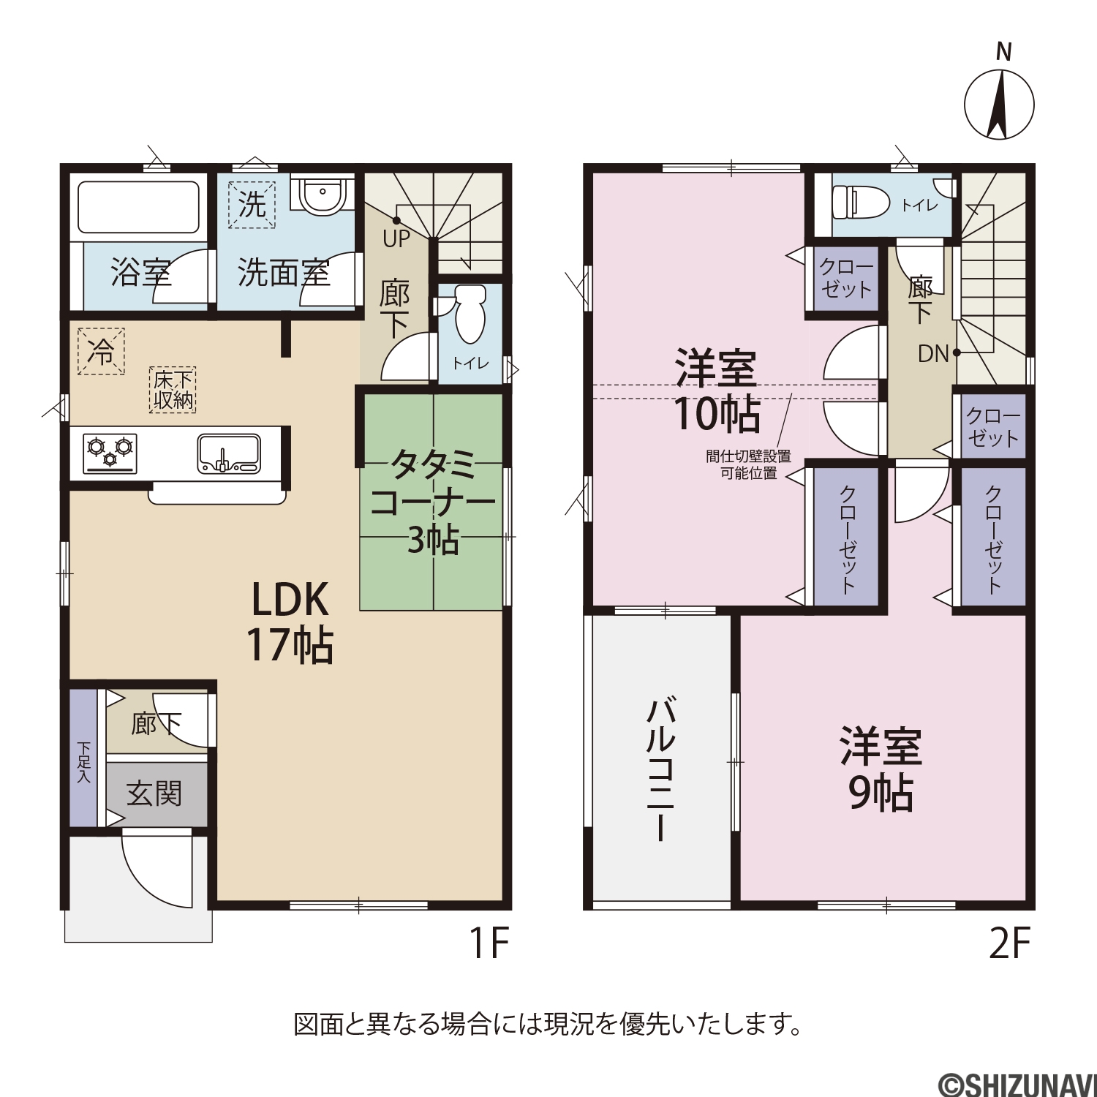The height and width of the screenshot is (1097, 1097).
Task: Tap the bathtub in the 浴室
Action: (x=138, y=208)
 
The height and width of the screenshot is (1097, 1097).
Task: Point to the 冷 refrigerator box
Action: (x=101, y=351)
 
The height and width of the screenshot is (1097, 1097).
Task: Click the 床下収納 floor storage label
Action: (x=173, y=390)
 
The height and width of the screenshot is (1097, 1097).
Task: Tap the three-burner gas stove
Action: (x=110, y=453)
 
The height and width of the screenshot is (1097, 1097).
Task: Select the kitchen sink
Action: (x=229, y=454)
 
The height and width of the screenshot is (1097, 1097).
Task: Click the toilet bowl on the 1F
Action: (x=470, y=314)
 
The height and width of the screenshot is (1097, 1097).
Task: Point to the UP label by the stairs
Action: (x=396, y=238)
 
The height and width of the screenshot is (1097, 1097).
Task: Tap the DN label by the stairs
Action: (x=933, y=354)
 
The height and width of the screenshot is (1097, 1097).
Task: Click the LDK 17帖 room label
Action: (x=290, y=622)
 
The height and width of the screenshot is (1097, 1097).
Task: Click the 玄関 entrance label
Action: (x=154, y=793)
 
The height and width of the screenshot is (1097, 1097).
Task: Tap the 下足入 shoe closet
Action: (x=83, y=758)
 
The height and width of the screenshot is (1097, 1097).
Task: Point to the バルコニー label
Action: (x=660, y=769)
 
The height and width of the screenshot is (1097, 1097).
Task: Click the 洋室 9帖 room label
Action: (x=881, y=769)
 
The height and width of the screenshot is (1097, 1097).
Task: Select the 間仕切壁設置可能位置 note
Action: (x=749, y=464)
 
